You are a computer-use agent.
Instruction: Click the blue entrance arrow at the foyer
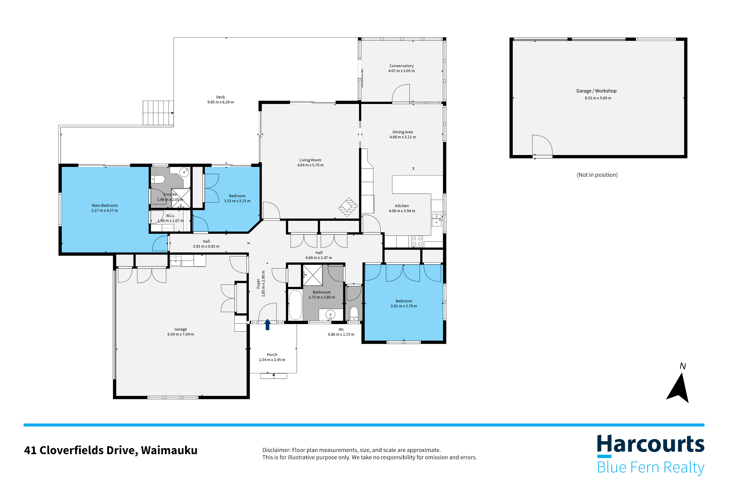point(267,325)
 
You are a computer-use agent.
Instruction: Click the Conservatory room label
point(401,66)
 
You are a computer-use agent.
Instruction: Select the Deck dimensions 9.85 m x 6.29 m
point(220,102)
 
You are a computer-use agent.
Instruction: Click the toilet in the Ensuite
point(158,179)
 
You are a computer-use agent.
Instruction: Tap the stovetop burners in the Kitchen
point(417,241)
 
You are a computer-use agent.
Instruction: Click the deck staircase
point(158,113)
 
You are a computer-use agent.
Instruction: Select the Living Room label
point(310,160)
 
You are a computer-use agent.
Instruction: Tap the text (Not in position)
point(597,175)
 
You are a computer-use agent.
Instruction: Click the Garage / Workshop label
point(596,91)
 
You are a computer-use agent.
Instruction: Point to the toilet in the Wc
point(354,313)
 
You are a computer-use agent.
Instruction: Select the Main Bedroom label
point(105,205)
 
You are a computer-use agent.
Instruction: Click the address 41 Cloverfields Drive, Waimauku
point(111,450)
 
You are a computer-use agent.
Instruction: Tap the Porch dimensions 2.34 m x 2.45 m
point(272,360)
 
